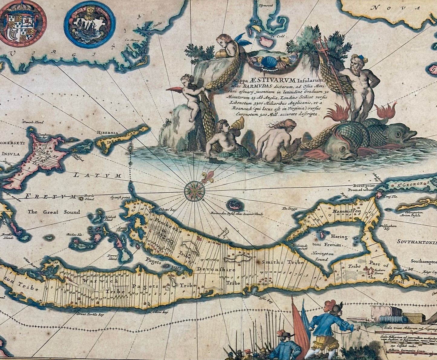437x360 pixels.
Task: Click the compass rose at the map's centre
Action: [194, 191]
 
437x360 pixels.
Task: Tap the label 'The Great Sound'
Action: [54, 212]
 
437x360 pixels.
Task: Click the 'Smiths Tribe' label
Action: [283, 262]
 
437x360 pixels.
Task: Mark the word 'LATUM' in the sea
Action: [97, 175]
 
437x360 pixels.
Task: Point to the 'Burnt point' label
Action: [363, 185]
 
